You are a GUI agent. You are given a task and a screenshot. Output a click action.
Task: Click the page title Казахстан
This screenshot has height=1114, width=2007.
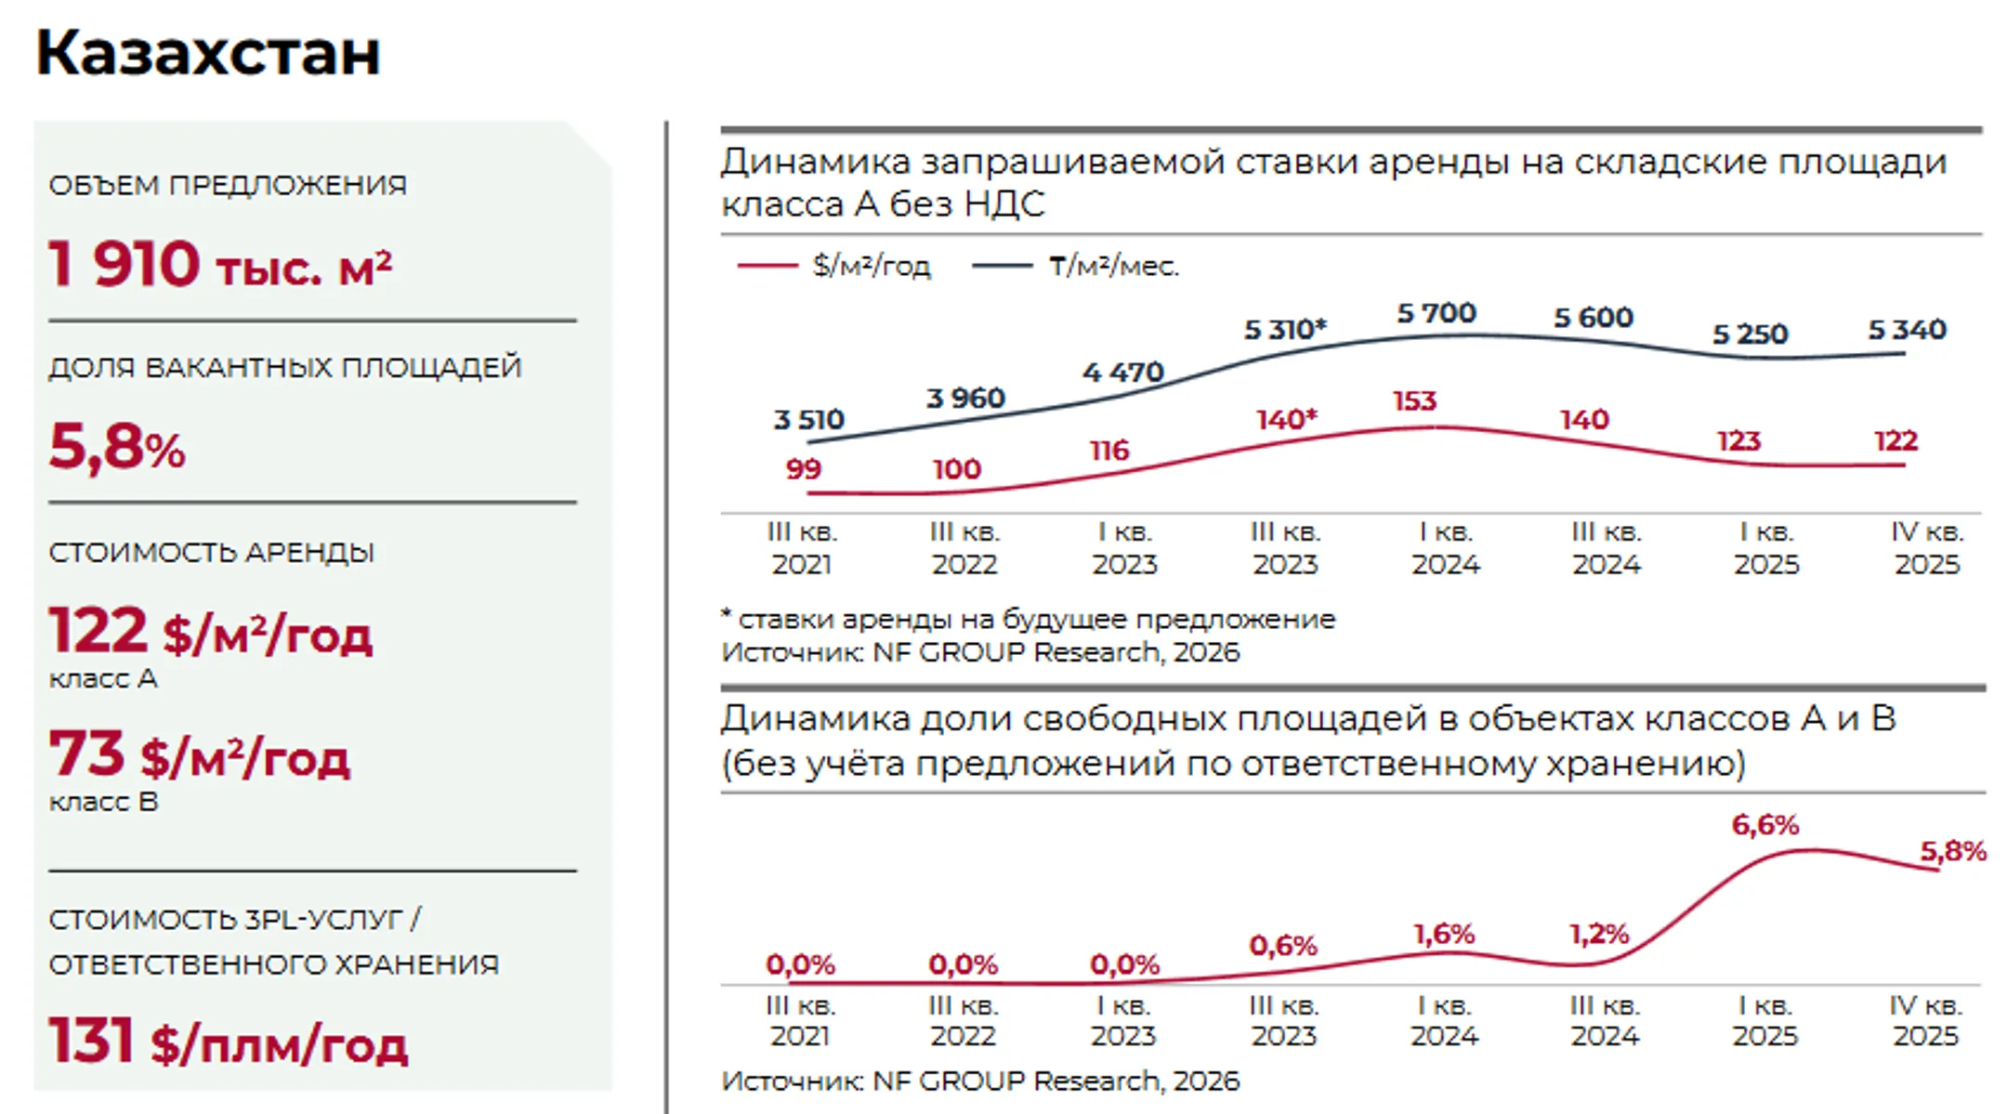[x=208, y=53]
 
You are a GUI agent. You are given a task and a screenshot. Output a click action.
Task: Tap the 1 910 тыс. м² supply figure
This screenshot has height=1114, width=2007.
[x=220, y=265]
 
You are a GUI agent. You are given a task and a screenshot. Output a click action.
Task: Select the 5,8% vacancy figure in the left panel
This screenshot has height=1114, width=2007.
[x=117, y=447]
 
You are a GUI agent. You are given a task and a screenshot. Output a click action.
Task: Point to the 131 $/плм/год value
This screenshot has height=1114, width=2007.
[x=228, y=1042]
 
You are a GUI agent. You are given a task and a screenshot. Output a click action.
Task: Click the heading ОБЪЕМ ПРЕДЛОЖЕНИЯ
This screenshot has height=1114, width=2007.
[x=228, y=185]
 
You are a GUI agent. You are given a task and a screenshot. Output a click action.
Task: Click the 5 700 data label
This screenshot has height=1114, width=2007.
[x=1436, y=314]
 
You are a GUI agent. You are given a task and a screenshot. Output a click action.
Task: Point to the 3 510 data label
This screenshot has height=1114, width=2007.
[x=808, y=420]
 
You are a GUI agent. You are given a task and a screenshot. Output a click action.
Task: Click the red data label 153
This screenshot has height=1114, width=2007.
[x=1414, y=401]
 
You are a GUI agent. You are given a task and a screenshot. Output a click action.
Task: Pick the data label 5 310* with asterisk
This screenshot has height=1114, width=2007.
[x=1285, y=330]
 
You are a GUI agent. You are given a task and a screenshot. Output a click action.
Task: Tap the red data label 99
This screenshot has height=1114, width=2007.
[x=803, y=469]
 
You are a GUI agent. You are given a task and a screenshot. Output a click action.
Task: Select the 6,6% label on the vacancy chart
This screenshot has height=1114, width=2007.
[x=1764, y=825]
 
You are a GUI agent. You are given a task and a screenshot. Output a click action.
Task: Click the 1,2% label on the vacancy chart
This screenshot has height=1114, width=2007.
[x=1599, y=935]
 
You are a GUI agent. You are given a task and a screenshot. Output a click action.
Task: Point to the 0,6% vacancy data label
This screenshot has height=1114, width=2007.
[x=1282, y=946]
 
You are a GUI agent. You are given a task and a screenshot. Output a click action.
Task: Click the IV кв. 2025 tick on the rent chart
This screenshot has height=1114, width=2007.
[x=1927, y=548]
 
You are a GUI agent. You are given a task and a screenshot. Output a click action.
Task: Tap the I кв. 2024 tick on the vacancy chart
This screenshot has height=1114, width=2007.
[x=1444, y=1020]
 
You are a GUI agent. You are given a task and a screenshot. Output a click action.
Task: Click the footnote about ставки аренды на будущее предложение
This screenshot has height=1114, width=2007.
[x=1029, y=619]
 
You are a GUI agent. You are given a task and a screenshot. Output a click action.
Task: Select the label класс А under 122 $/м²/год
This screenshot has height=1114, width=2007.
[x=103, y=679]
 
